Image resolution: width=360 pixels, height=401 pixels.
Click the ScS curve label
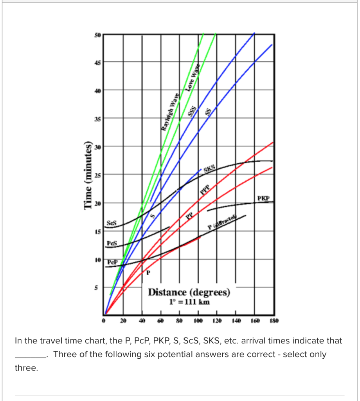click(x=112, y=222)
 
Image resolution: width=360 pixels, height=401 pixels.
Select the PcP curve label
click(x=112, y=260)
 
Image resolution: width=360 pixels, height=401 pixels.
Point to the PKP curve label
click(x=263, y=198)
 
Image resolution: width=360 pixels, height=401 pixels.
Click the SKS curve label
click(x=210, y=168)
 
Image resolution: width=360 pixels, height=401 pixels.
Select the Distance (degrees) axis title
click(x=189, y=293)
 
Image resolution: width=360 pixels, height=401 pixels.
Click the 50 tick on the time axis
click(x=97, y=35)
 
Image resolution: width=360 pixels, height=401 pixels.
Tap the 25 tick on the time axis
click(x=97, y=174)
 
